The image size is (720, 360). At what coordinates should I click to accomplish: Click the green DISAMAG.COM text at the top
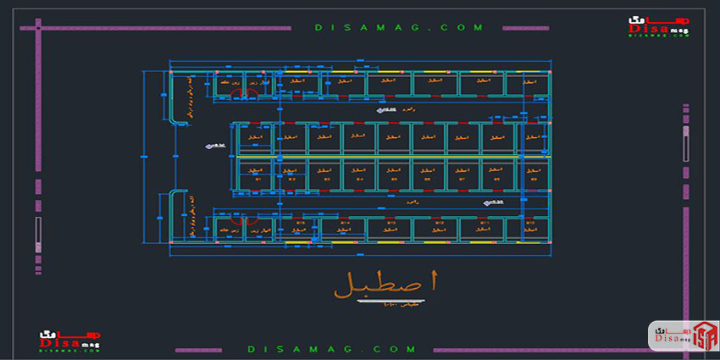pos(399,27)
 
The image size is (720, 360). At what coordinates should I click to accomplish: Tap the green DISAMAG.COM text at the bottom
pos(332,348)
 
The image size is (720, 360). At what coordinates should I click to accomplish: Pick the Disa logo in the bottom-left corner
pos(69,340)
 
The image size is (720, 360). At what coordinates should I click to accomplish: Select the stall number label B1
pos(258,180)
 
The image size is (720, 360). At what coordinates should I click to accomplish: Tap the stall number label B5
pos(393,180)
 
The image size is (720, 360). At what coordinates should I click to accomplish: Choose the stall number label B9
pos(533,180)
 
